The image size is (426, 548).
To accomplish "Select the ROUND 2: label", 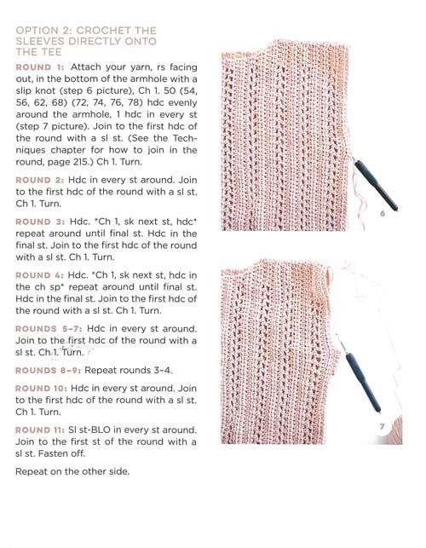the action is (x=40, y=180).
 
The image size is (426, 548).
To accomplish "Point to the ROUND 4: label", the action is (x=39, y=275).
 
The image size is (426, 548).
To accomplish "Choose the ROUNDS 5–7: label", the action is (x=49, y=329).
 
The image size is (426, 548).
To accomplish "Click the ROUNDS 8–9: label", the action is (x=48, y=371).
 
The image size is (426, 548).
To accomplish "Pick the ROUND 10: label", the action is (x=41, y=389).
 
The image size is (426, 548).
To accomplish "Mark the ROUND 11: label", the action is (x=40, y=430).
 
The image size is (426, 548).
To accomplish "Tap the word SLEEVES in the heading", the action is (x=40, y=41).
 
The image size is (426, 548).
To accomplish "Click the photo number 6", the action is (x=383, y=213).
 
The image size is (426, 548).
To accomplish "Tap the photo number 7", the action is (x=382, y=426).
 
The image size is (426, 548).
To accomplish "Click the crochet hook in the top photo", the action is (x=375, y=185).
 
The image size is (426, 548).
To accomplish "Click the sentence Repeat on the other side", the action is (x=72, y=472).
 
